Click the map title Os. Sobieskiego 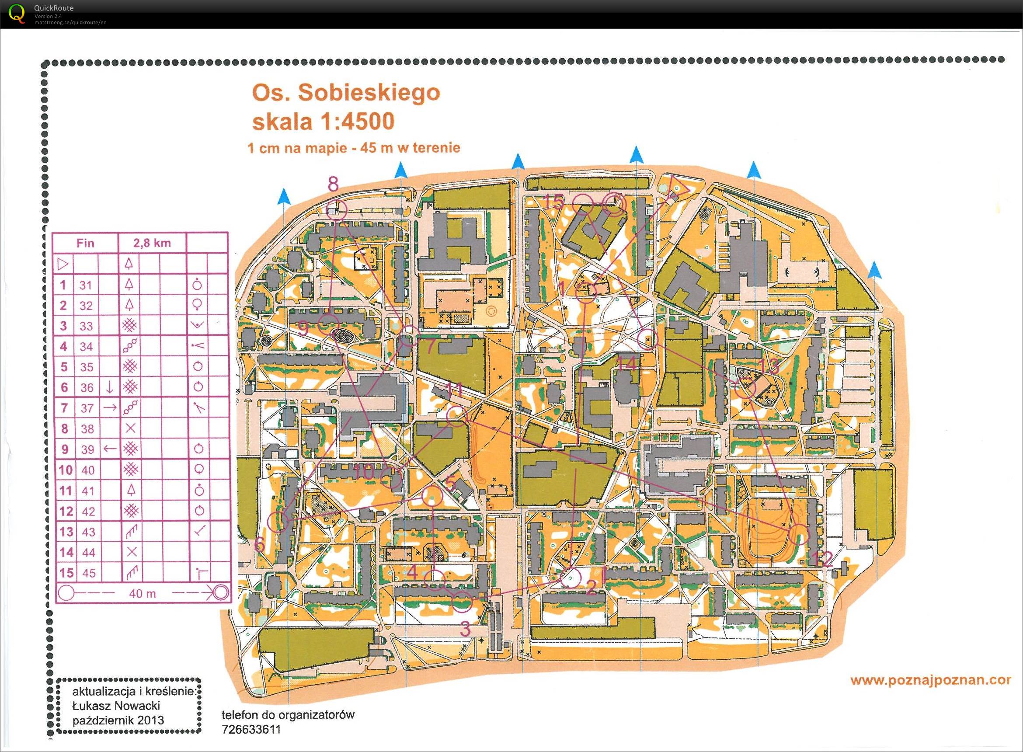(346, 93)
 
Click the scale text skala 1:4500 (323, 122)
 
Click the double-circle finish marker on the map (614, 204)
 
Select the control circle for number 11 (456, 417)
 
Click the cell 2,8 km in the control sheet (152, 243)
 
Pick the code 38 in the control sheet (87, 429)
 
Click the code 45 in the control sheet (87, 573)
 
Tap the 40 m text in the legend (142, 594)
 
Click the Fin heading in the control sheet (86, 243)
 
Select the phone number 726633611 (251, 730)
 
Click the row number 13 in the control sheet (66, 532)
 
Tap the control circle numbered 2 (570, 578)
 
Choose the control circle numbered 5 (431, 496)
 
